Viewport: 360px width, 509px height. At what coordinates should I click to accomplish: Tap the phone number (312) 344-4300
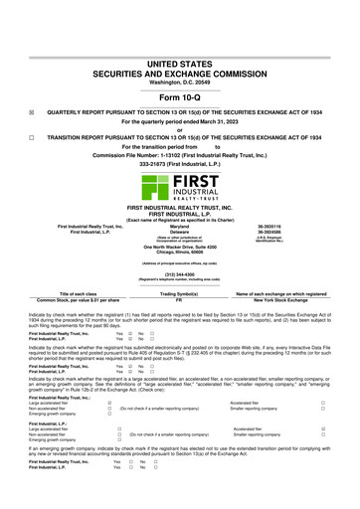pos(180,273)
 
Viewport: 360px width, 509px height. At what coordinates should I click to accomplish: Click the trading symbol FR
pos(180,298)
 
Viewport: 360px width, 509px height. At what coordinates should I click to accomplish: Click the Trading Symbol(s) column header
pos(180,292)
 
